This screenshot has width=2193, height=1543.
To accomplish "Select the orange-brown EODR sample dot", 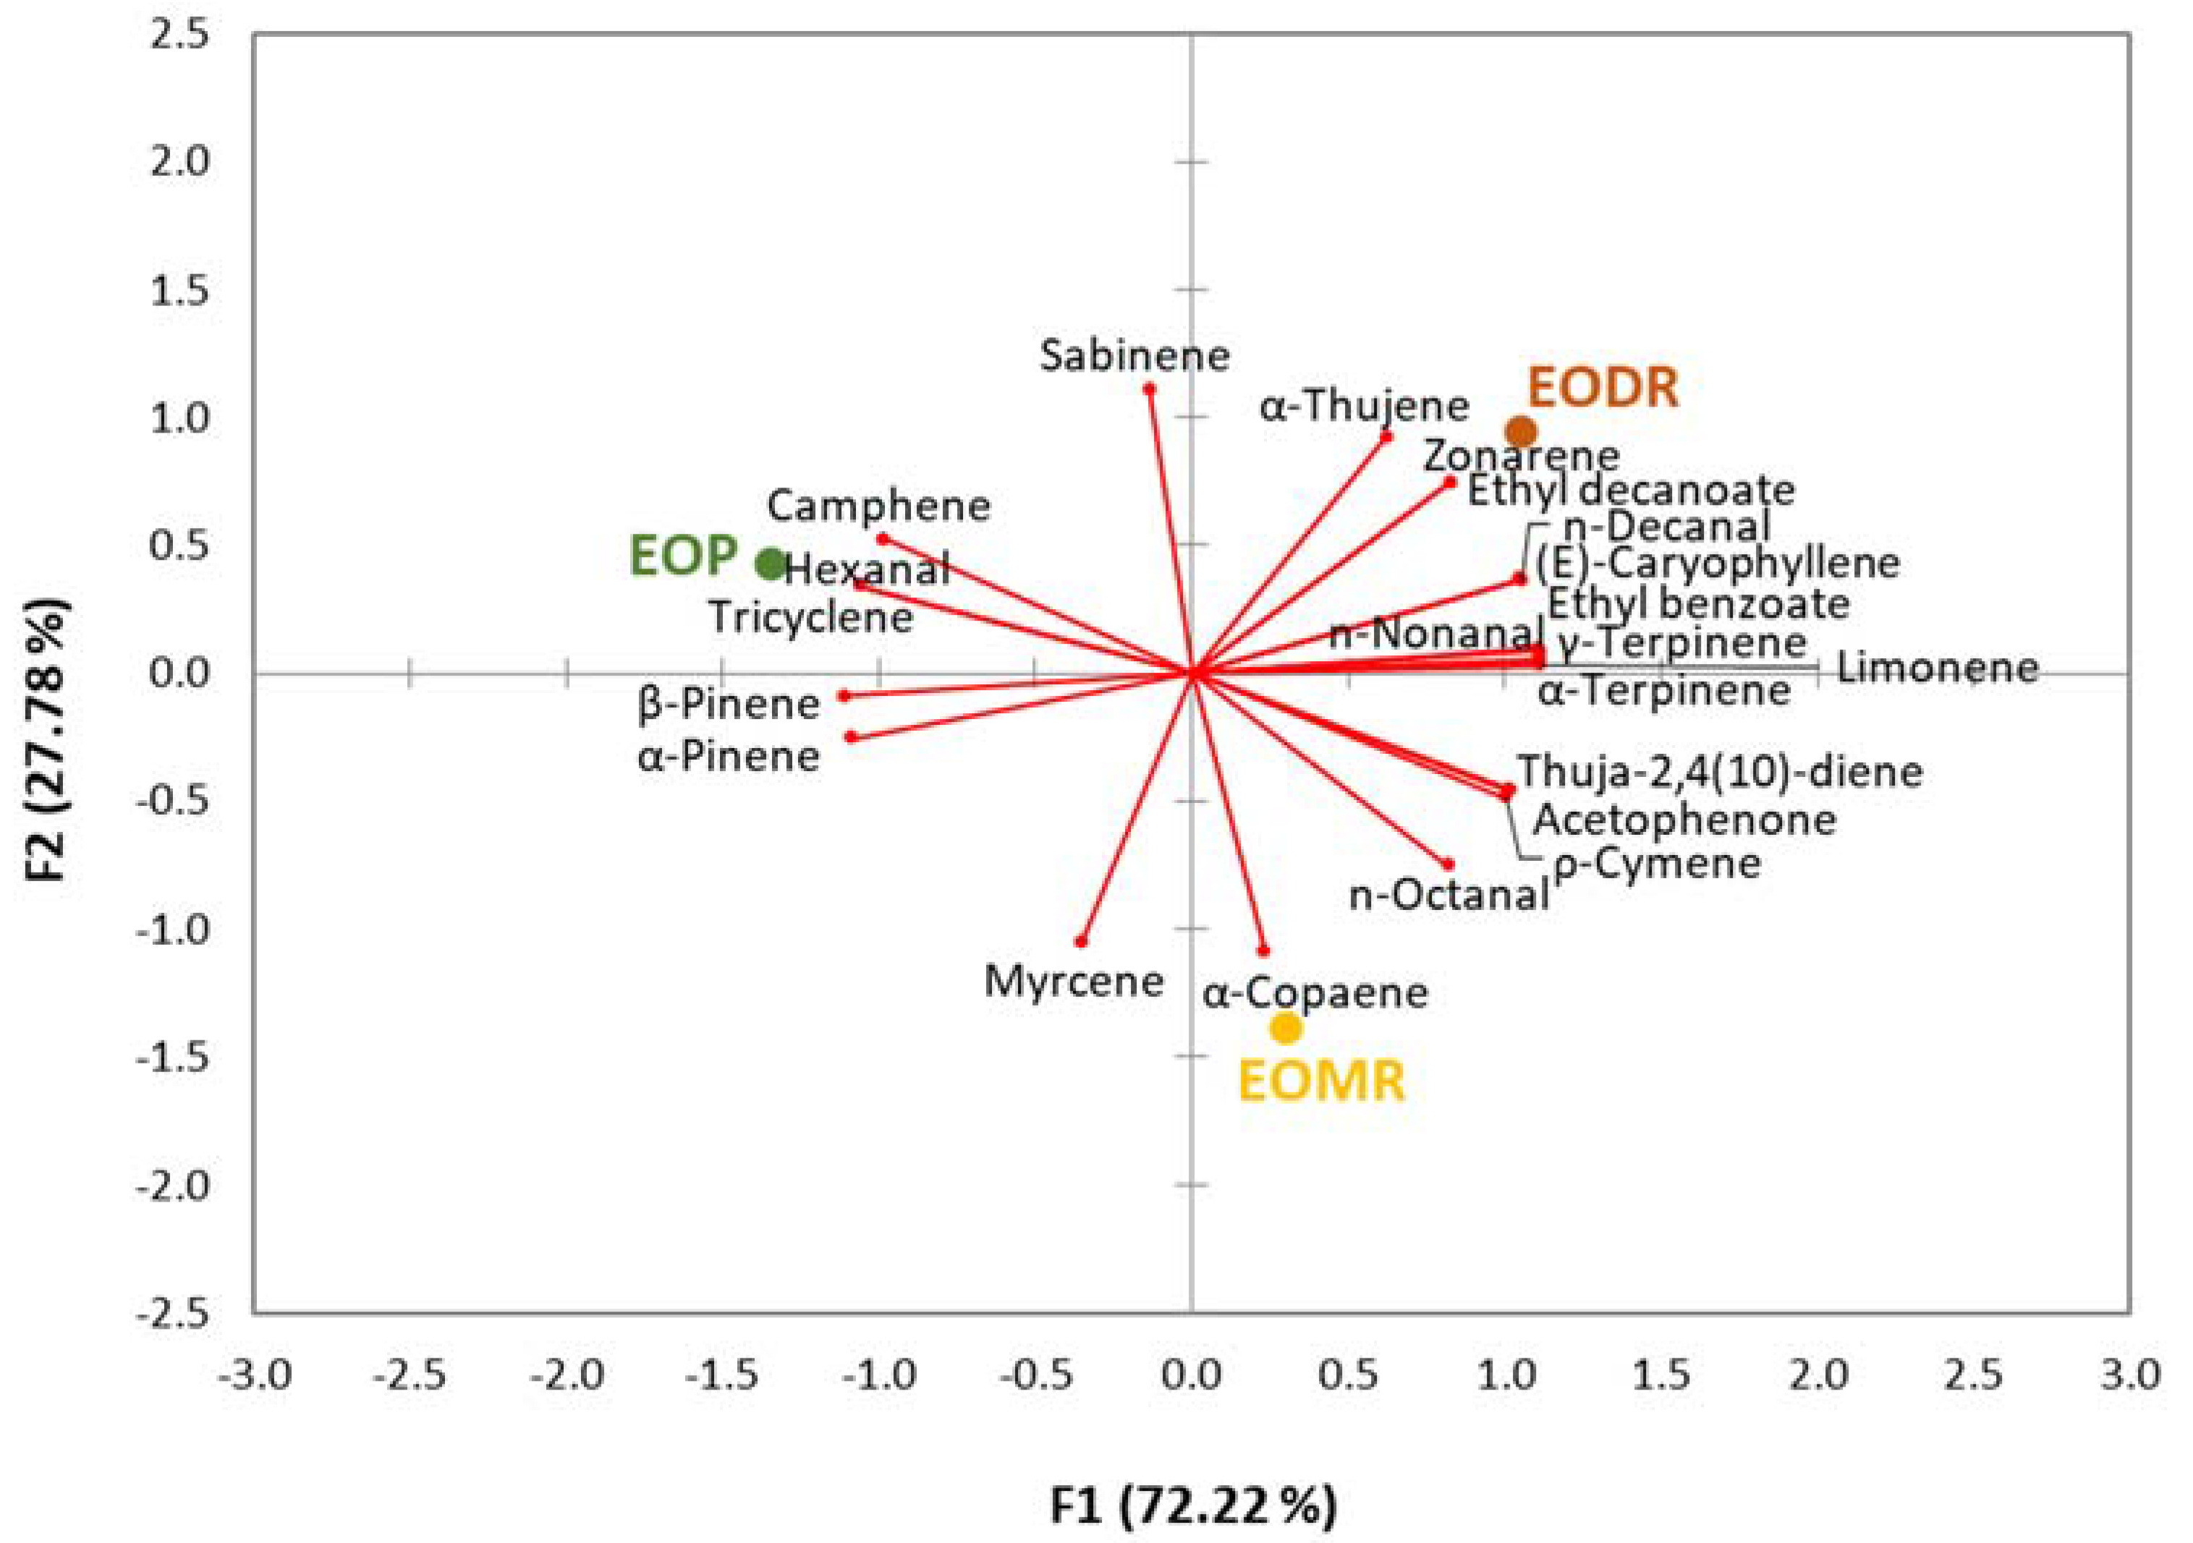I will [1522, 432].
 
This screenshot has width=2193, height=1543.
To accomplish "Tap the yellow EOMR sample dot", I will [1286, 1029].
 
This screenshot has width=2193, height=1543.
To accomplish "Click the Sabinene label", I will [1134, 356].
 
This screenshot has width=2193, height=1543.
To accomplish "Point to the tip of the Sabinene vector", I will [1150, 388].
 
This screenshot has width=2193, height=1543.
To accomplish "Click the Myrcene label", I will [1074, 982].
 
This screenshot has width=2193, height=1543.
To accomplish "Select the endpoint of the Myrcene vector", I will [1081, 941].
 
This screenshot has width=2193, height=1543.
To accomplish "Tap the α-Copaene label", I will [1315, 994].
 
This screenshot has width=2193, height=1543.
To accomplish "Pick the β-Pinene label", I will [729, 705].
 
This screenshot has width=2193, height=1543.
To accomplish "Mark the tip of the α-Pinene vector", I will [851, 736].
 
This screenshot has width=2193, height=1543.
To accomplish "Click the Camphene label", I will [879, 506].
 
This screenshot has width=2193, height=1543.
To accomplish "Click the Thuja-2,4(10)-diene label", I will [1719, 771].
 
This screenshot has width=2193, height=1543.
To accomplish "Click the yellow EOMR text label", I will [1322, 1081].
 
